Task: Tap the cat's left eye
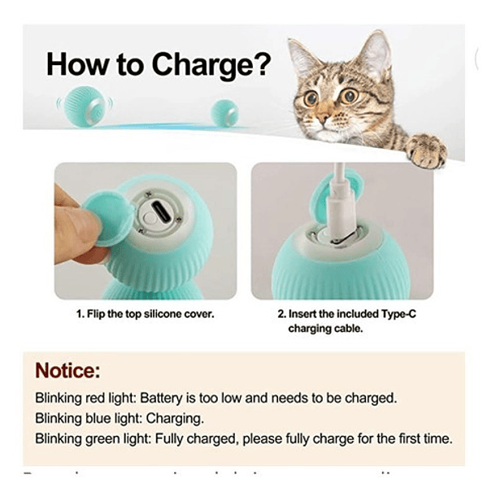point(311,98)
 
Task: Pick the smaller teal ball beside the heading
point(224,113)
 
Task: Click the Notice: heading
point(67,372)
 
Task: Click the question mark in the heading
point(258,64)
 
